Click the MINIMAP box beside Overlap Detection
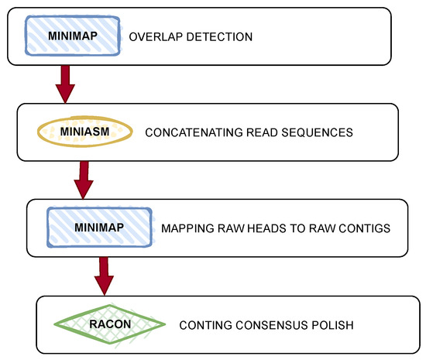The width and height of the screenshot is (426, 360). [x=71, y=36]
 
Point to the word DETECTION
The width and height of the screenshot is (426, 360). [x=224, y=36]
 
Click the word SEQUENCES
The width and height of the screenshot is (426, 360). [x=317, y=132]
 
